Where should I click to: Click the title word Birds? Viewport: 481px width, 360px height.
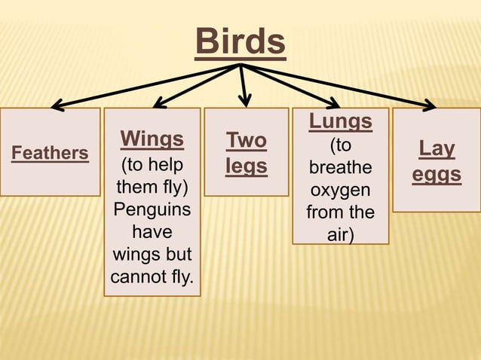(x=240, y=42)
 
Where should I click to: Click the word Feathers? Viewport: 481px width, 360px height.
(x=50, y=153)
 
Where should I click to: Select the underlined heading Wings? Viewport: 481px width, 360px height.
(x=152, y=139)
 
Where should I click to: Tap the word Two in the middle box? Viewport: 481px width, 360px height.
(x=247, y=141)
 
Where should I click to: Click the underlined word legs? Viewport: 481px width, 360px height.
(x=247, y=166)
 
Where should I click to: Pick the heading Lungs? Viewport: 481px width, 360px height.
(x=341, y=121)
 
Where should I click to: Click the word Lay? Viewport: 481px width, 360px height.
(x=437, y=148)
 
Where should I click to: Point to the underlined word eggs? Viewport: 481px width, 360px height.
(x=437, y=174)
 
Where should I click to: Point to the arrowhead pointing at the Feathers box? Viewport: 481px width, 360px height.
(x=57, y=106)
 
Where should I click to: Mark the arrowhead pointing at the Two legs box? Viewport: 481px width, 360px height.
(x=244, y=102)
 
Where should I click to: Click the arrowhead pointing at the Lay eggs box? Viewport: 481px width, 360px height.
(x=430, y=106)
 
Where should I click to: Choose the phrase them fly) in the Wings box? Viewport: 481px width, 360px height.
(x=152, y=185)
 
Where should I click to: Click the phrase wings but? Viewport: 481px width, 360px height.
(x=152, y=253)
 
